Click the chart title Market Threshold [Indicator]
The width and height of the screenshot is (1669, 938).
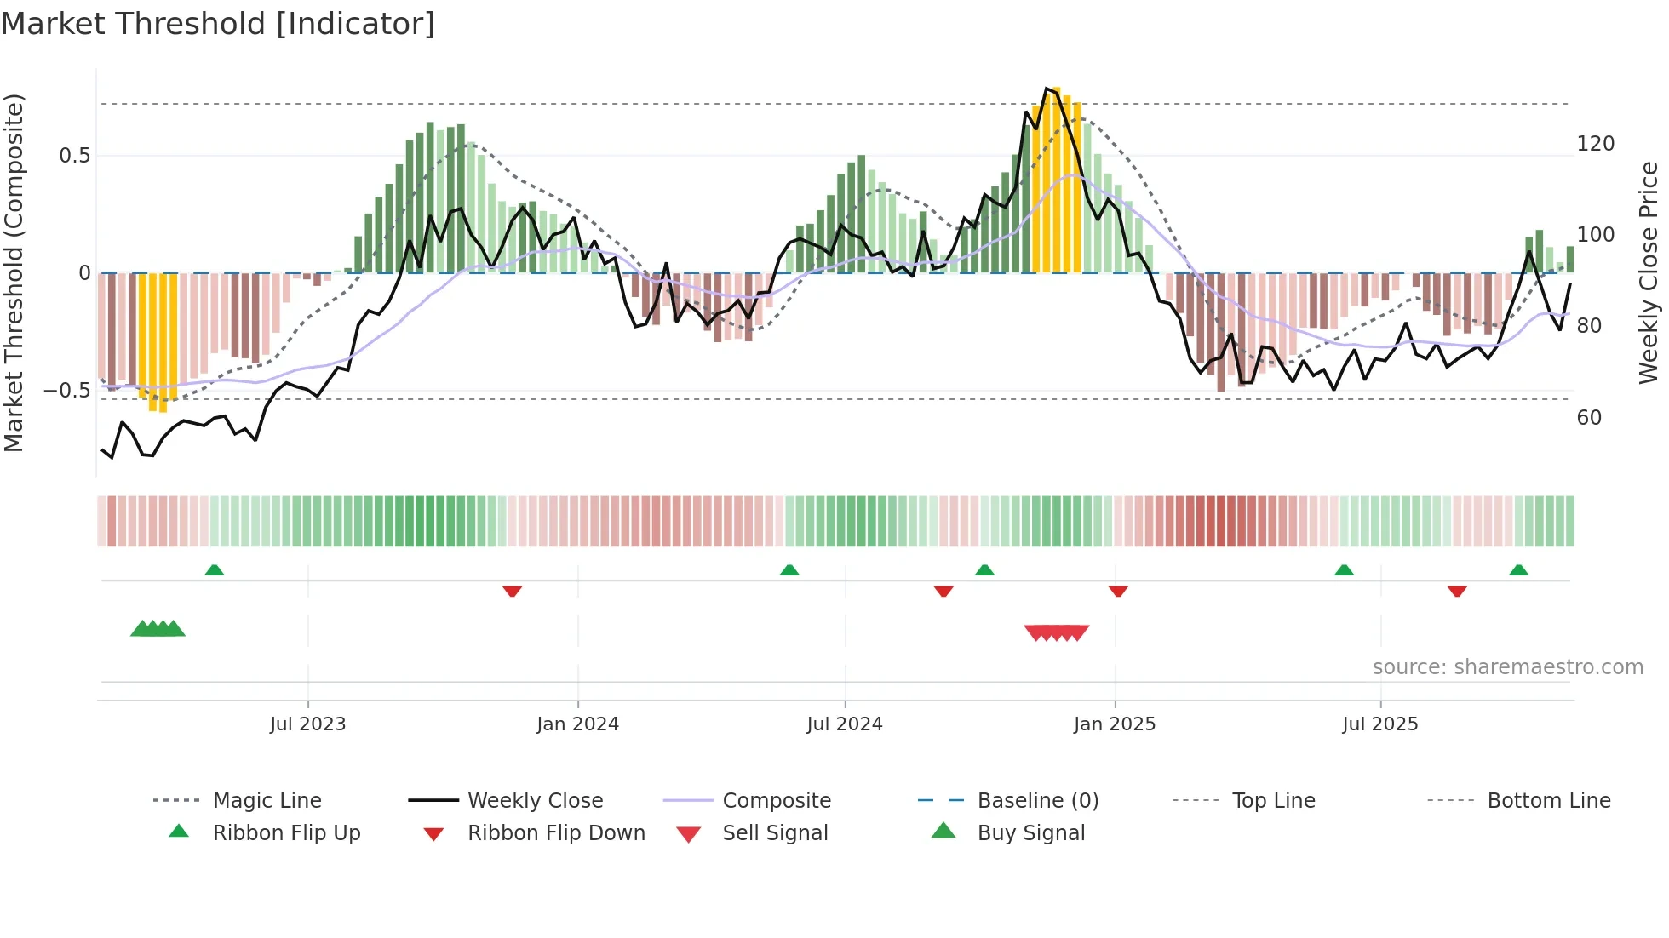(x=218, y=24)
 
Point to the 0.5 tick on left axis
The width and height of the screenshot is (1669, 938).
(x=74, y=156)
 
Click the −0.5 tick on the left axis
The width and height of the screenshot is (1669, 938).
(x=66, y=391)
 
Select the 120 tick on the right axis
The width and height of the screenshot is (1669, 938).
(x=1595, y=144)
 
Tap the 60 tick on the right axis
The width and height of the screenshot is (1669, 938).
(x=1589, y=418)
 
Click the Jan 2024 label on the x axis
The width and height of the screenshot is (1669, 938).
(x=577, y=724)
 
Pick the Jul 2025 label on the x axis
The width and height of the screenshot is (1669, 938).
(x=1379, y=724)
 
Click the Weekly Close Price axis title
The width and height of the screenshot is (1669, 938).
(x=1649, y=272)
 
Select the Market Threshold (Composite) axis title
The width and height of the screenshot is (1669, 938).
(x=14, y=272)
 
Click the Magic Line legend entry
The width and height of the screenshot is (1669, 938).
(x=267, y=801)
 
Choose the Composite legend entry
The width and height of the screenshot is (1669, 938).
(x=776, y=801)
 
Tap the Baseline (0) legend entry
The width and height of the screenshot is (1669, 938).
(x=1037, y=801)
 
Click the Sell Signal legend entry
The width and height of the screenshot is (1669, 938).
(x=774, y=833)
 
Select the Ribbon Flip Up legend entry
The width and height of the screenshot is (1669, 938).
(x=286, y=833)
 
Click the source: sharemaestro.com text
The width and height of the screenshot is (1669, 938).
(x=1507, y=667)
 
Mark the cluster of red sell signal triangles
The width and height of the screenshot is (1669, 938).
(x=1056, y=632)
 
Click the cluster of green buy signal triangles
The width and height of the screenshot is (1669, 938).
(x=158, y=629)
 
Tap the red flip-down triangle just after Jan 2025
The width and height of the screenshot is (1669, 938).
(x=1118, y=591)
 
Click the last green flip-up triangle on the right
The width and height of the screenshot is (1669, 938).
(x=1518, y=570)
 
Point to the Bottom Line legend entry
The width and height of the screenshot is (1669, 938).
(x=1548, y=801)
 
